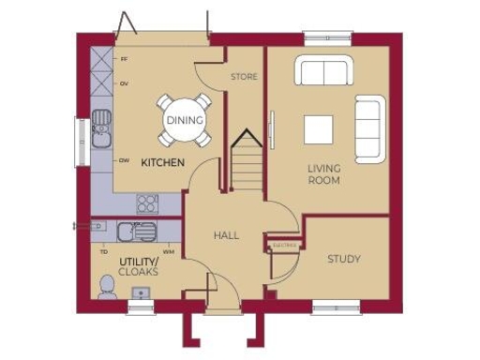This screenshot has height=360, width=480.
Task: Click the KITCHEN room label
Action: tap(162, 163)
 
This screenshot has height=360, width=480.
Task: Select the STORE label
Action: tap(243, 76)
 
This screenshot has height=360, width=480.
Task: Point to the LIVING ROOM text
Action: tap(323, 174)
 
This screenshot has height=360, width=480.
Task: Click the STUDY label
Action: tap(344, 259)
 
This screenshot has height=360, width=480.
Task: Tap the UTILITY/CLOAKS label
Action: tap(138, 265)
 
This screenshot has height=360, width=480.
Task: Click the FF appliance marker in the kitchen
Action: tap(124, 59)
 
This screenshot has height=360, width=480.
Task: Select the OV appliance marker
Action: tap(124, 84)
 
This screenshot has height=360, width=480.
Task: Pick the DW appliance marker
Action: tap(124, 160)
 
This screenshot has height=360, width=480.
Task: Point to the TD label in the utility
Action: tap(104, 252)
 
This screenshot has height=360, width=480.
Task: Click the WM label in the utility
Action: tap(168, 252)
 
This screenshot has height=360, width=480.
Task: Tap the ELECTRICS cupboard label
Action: tap(284, 245)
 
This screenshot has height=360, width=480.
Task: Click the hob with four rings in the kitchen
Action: tap(147, 203)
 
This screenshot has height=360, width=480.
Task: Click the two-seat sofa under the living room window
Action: tap(322, 72)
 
